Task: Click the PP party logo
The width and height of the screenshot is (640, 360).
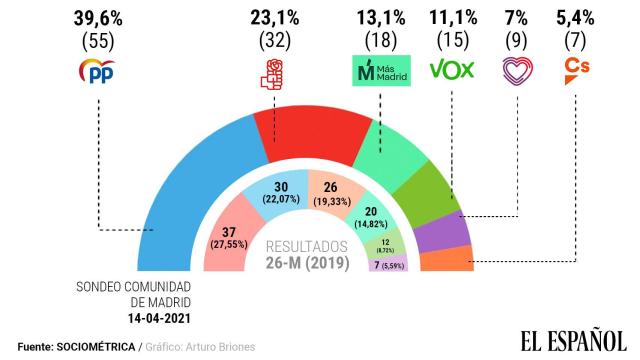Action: coord(98,72)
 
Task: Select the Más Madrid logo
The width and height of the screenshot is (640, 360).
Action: coord(379,71)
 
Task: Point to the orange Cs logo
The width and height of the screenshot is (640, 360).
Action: coord(577,71)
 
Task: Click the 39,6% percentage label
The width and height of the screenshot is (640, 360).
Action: coord(98,17)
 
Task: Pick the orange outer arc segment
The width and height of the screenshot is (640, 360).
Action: coord(448,260)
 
